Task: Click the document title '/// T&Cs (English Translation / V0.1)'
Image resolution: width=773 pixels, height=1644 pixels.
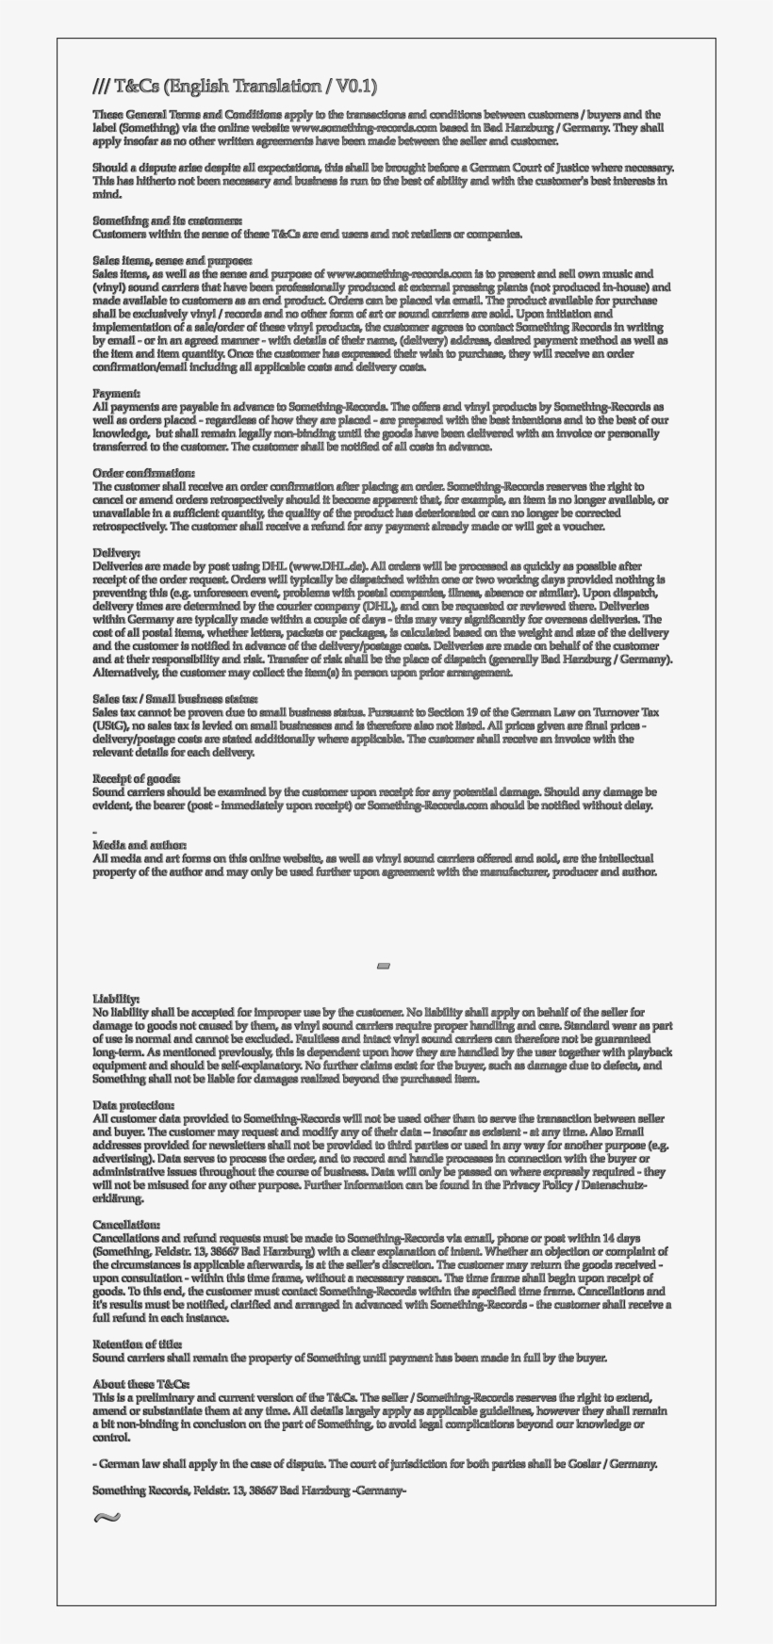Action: [x=235, y=87]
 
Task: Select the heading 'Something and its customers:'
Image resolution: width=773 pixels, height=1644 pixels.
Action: [x=155, y=220]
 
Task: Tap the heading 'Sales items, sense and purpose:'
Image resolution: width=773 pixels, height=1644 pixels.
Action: [x=172, y=259]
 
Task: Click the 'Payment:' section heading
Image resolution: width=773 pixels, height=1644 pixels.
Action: [x=117, y=392]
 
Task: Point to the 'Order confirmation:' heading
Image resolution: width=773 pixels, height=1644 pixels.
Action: [x=143, y=473]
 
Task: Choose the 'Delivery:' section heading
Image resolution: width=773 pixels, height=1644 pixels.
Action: [x=117, y=552]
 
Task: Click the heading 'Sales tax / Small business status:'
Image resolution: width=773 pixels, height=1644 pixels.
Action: [x=174, y=699]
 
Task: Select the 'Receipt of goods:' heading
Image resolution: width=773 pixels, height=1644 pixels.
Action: [x=137, y=778]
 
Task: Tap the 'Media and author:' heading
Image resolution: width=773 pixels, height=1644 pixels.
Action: [x=140, y=845]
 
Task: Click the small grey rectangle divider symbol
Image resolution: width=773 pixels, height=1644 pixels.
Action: [x=383, y=966]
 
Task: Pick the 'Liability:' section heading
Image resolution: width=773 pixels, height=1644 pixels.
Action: [x=116, y=998]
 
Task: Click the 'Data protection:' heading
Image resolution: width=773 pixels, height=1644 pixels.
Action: [x=133, y=1104]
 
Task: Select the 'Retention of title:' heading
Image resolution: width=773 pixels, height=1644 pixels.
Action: [x=137, y=1344]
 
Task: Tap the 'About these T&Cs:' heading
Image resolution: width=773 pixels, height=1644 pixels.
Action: [x=140, y=1384]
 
